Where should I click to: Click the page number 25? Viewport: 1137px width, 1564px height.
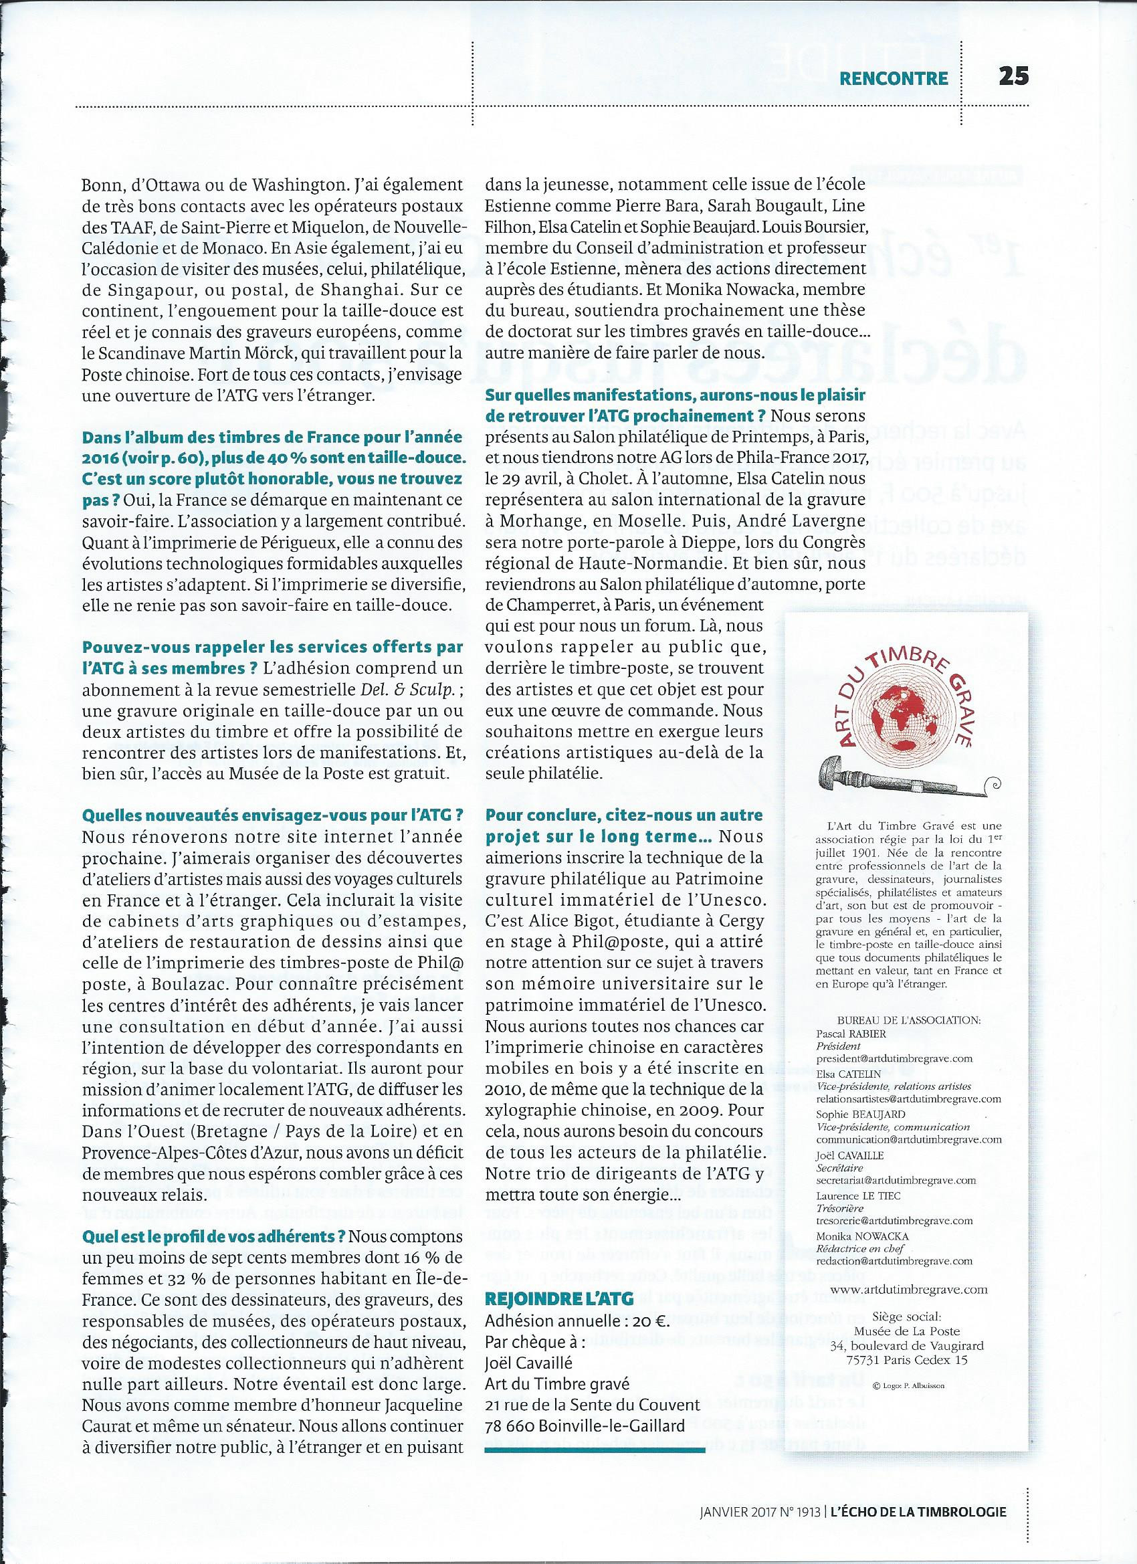(x=1013, y=76)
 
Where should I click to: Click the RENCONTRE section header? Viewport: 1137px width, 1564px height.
(x=894, y=78)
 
